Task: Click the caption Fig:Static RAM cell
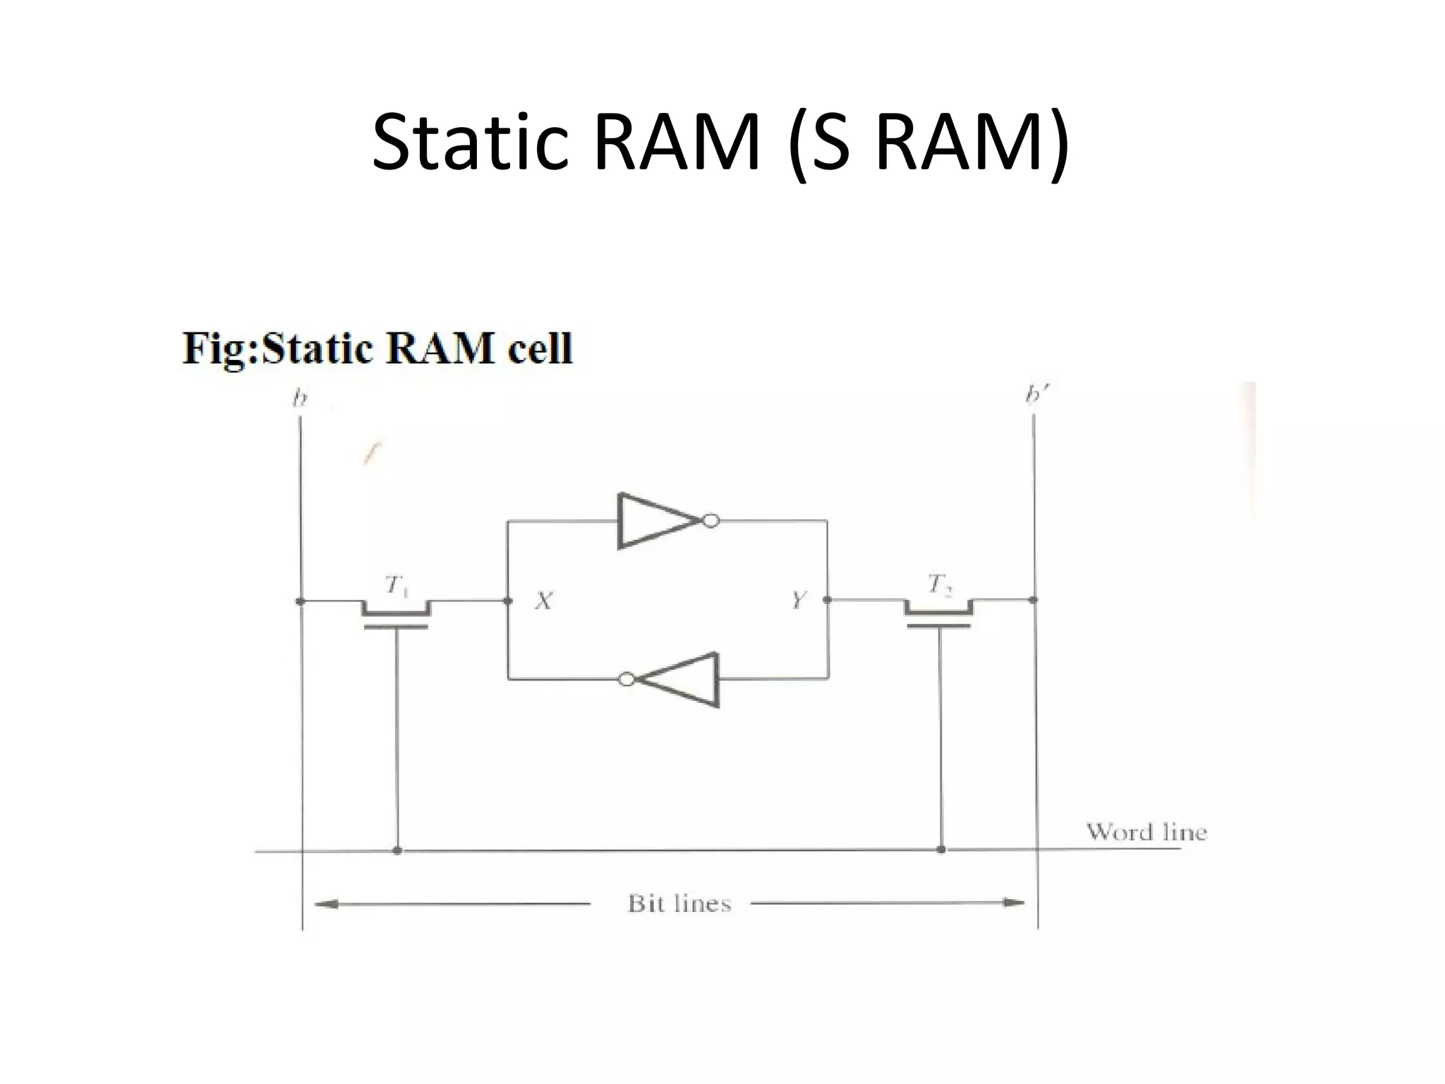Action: point(377,348)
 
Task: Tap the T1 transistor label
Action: point(397,585)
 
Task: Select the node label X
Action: point(543,601)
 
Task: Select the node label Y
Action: point(798,601)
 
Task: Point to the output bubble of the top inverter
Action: point(711,522)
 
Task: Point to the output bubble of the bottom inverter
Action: point(626,679)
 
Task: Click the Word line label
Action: point(1146,832)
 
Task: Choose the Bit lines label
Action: point(679,903)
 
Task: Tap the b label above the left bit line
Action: point(300,399)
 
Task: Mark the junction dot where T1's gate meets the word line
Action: point(397,850)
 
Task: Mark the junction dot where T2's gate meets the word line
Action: point(941,849)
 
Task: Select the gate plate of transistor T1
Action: point(397,626)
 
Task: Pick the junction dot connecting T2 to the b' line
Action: point(1033,600)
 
